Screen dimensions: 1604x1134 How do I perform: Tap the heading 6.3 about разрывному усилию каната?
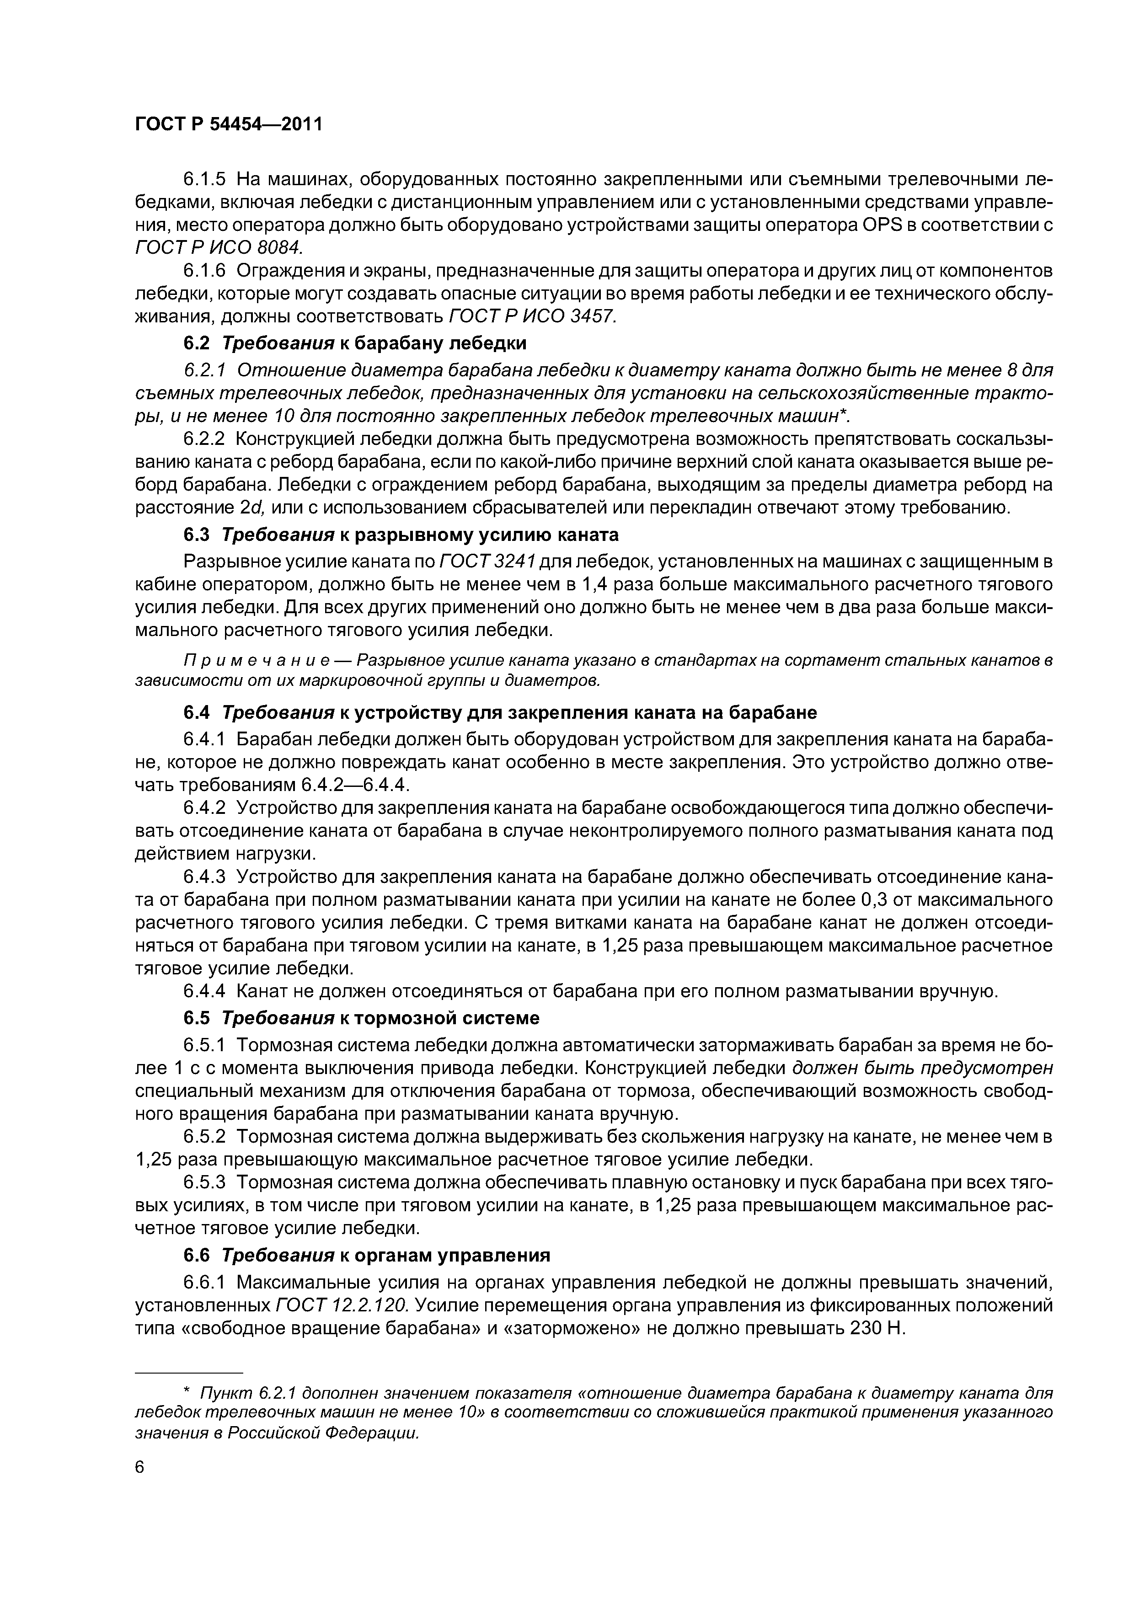click(x=401, y=535)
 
